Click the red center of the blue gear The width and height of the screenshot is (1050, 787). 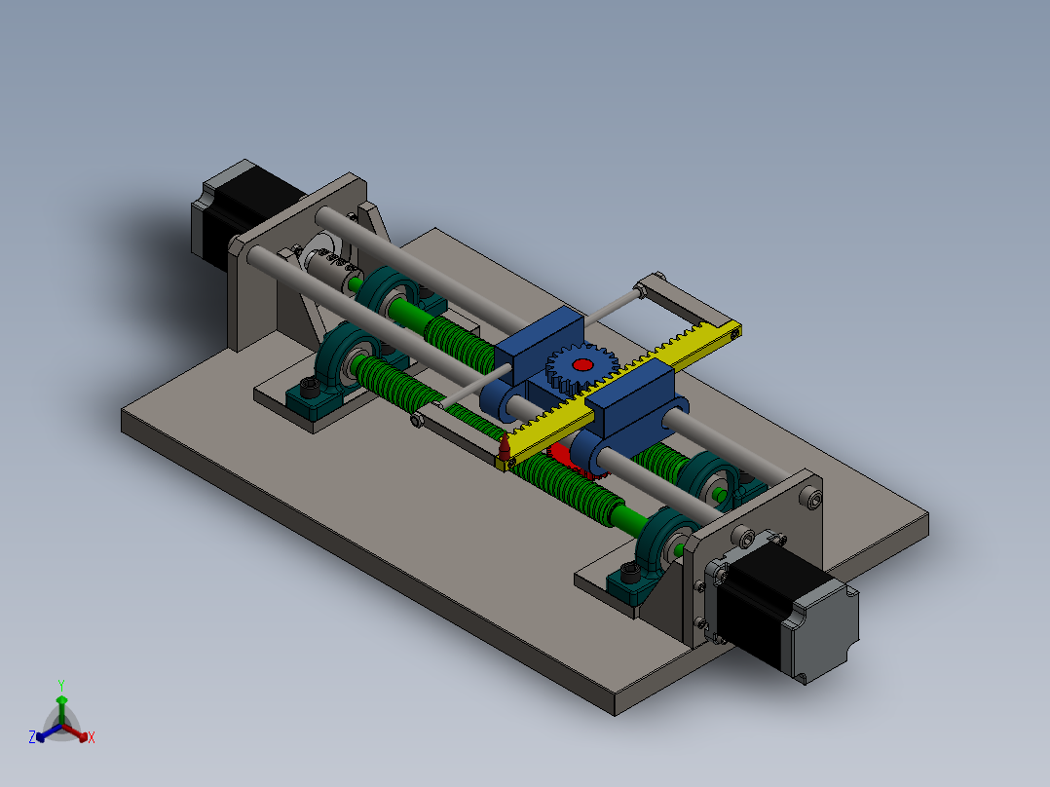click(582, 364)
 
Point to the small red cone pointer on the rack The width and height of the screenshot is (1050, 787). click(505, 448)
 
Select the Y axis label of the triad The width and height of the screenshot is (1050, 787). click(60, 684)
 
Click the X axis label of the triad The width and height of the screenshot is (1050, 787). click(92, 738)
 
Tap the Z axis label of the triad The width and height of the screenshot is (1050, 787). click(31, 738)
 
